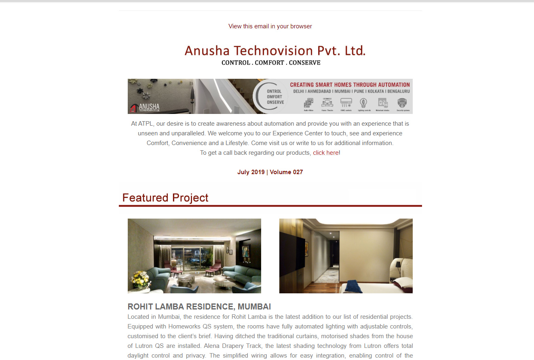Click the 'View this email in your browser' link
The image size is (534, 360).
click(x=270, y=26)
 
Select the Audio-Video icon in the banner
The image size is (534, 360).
click(x=309, y=103)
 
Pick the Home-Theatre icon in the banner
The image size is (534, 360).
click(x=327, y=103)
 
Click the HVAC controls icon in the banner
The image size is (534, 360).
click(x=346, y=103)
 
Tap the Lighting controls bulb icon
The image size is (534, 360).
click(x=364, y=103)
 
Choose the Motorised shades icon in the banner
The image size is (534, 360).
click(x=382, y=103)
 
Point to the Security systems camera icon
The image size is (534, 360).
click(x=403, y=103)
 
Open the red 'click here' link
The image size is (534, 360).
click(x=325, y=153)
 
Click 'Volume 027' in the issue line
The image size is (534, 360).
click(x=286, y=172)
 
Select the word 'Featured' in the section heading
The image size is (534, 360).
click(x=145, y=198)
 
